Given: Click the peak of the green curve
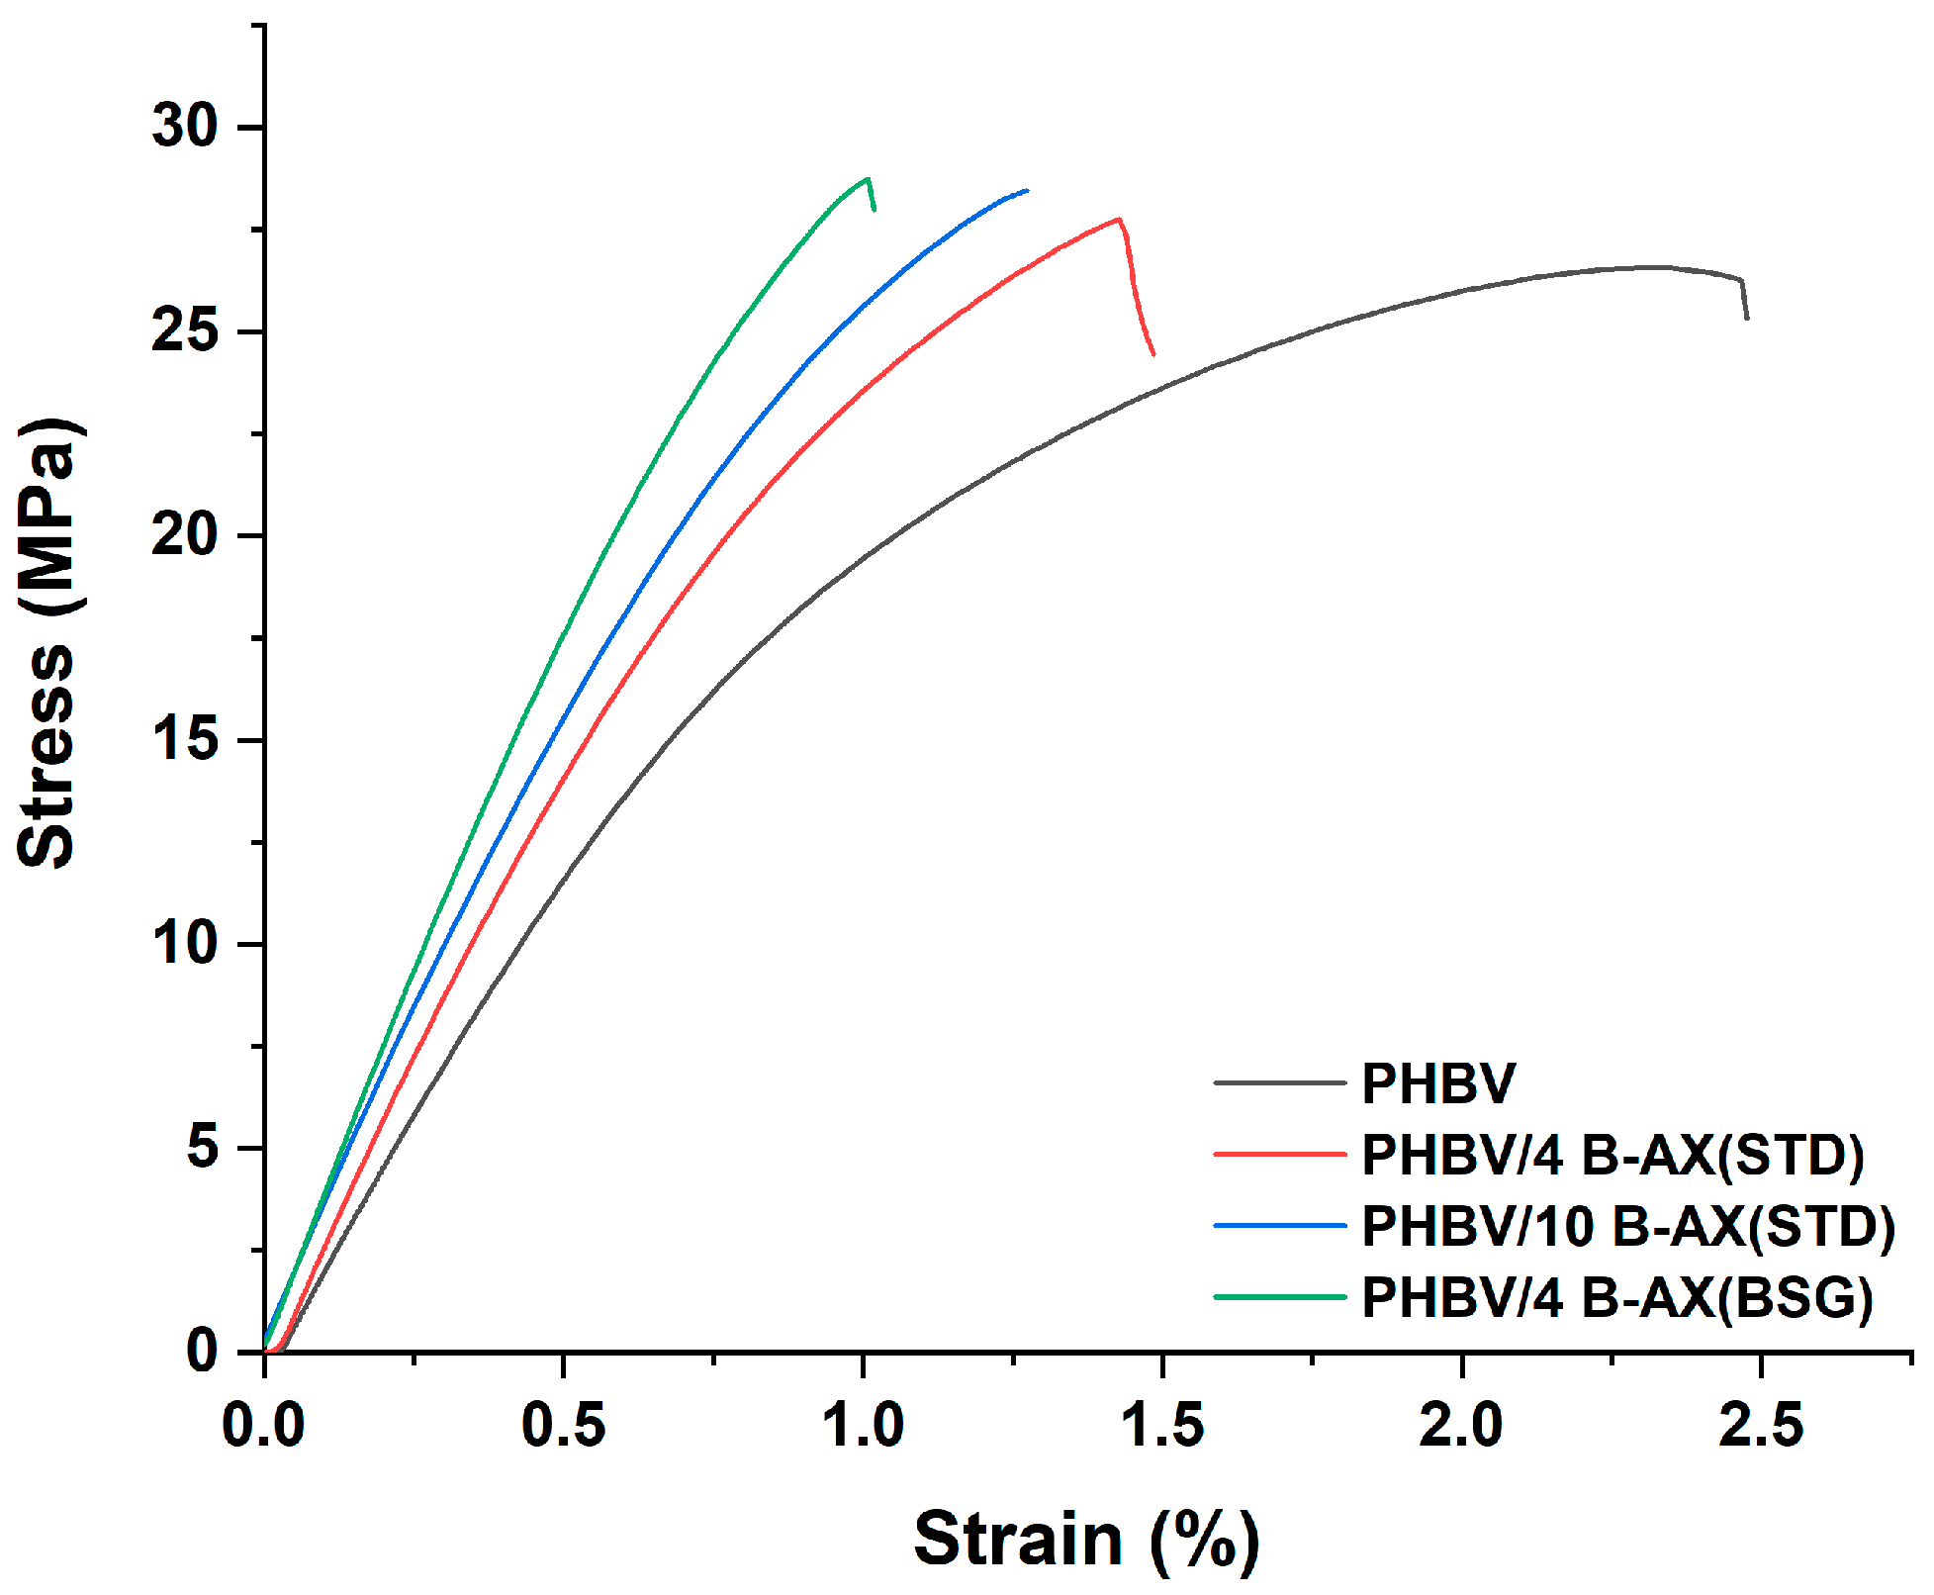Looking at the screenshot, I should (x=868, y=179).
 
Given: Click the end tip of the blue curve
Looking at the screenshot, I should (x=1027, y=190).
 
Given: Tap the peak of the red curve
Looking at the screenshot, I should (x=1118, y=220).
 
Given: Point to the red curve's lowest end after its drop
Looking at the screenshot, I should (x=1153, y=354).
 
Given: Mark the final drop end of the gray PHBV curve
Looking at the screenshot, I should (x=1747, y=318).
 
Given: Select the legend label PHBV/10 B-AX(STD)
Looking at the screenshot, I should (x=1627, y=1226).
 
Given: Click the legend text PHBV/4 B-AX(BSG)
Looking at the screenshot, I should (x=1616, y=1297).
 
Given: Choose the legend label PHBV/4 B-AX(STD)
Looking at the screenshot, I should (x=1612, y=1155).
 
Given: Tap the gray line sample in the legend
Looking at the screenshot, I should (x=1279, y=1083).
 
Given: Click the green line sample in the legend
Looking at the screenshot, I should (x=1279, y=1297).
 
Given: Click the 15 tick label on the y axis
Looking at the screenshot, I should (x=184, y=739).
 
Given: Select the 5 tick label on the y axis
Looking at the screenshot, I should (x=202, y=1148).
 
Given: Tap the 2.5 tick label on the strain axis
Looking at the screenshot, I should (x=1760, y=1426).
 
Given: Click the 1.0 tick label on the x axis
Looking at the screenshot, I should (x=864, y=1426).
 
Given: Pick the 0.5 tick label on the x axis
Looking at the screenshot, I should (x=563, y=1426).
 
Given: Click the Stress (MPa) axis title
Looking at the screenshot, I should (x=47, y=643).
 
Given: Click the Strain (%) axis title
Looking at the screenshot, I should (x=1086, y=1539).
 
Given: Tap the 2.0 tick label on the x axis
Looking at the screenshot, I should (x=1461, y=1426).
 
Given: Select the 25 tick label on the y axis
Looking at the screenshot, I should (x=184, y=330).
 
